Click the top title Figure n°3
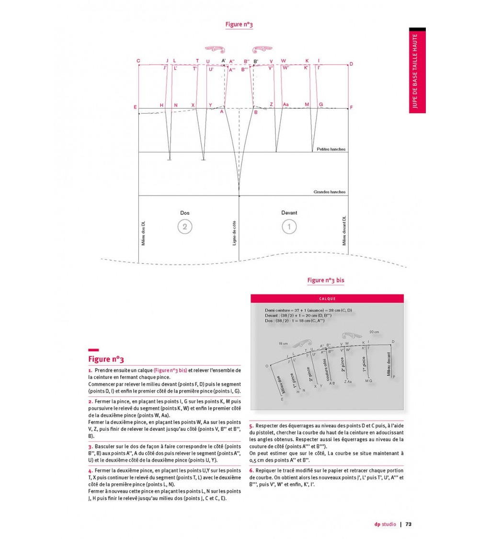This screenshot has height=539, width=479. click(239, 24)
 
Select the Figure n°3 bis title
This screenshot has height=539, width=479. click(326, 280)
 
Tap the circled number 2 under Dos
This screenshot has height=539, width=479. click(185, 226)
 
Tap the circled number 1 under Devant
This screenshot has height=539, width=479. click(289, 226)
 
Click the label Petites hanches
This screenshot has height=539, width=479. click(331, 149)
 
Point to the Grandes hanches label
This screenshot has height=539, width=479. click(330, 192)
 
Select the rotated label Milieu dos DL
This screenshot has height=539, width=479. click(143, 231)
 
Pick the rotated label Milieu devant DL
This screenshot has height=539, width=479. click(344, 230)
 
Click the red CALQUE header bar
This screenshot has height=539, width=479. click(327, 298)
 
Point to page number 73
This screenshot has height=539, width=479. click(409, 524)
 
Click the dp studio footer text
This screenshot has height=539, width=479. click(385, 524)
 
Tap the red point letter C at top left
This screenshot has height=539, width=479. click(138, 61)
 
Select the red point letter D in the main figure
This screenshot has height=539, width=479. click(351, 64)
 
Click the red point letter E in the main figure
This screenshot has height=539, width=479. click(135, 107)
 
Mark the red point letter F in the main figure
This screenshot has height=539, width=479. click(351, 108)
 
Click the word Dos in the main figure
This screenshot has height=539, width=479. click(185, 213)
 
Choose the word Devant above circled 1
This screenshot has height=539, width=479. click(289, 213)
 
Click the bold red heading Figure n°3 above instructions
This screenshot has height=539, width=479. click(106, 359)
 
